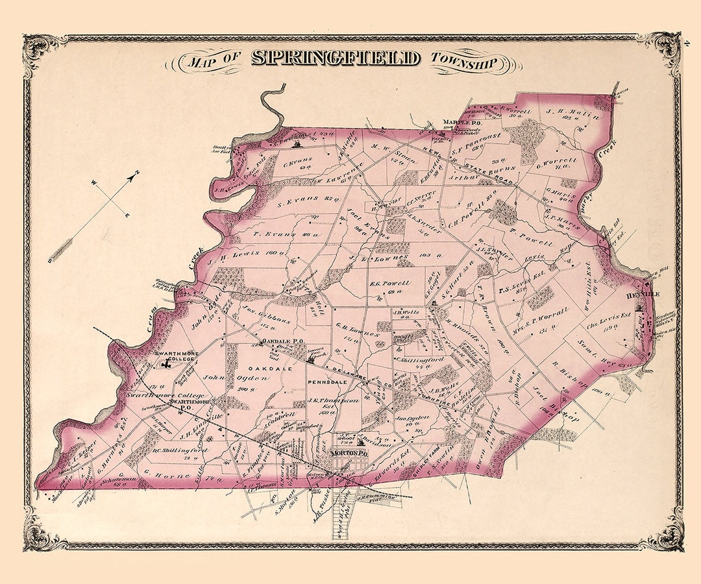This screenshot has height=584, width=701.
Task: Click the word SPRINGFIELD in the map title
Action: pos(335,58)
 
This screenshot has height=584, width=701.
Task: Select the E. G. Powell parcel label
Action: pos(389,284)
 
